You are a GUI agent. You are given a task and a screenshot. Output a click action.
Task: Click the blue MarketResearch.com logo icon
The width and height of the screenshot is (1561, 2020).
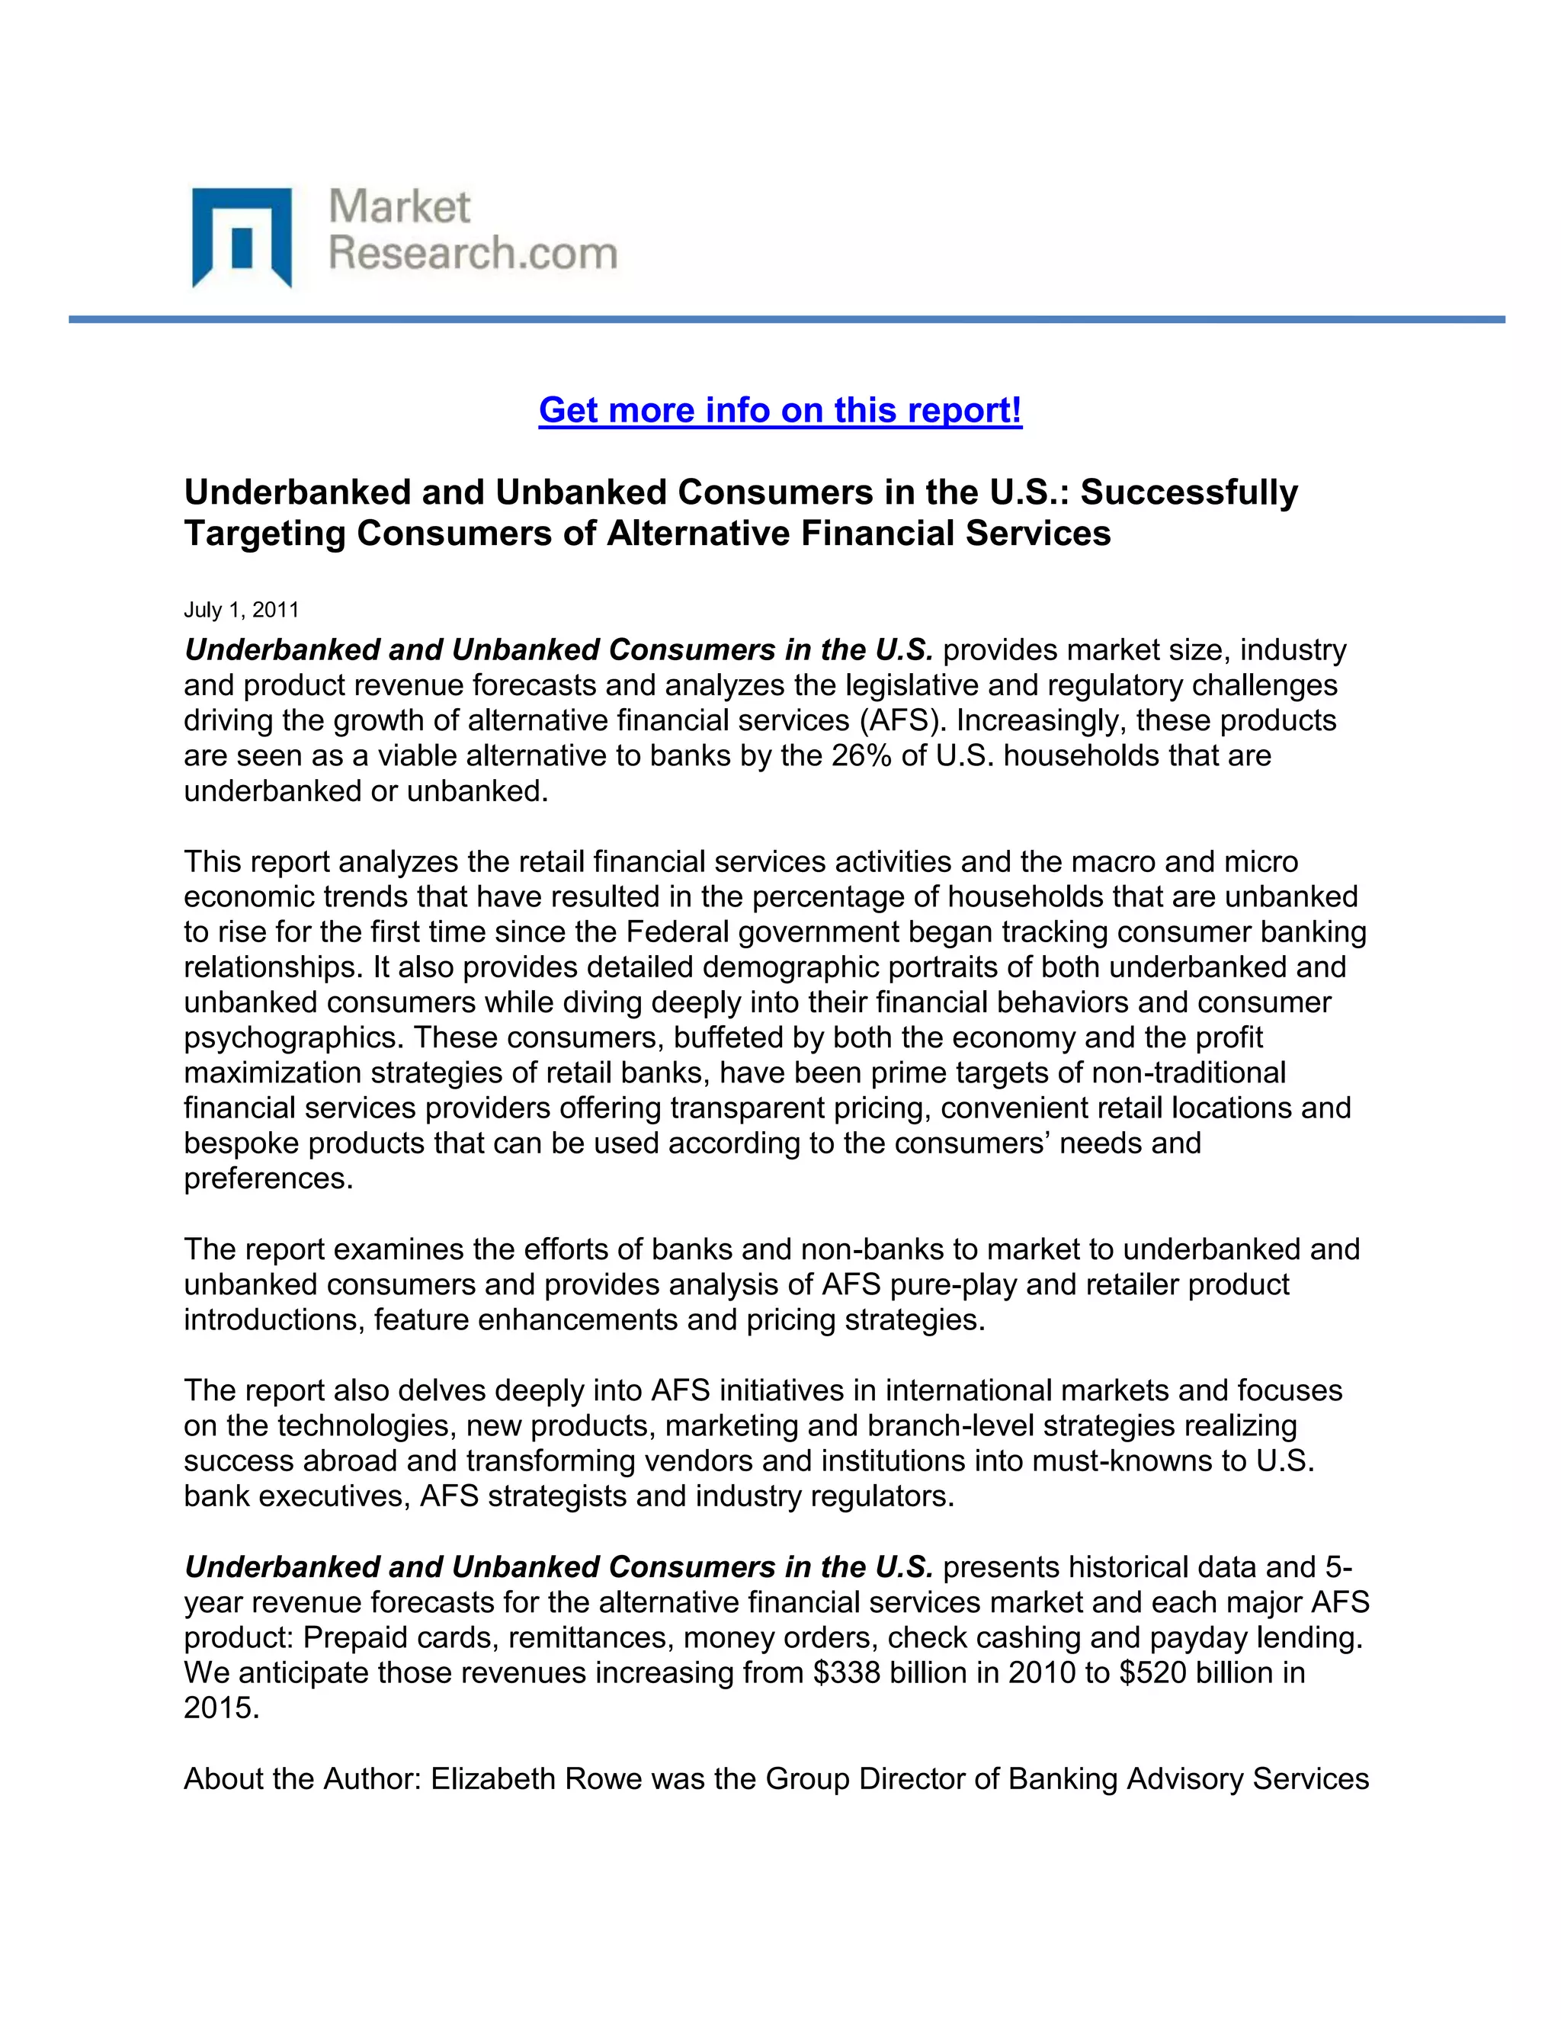[242, 237]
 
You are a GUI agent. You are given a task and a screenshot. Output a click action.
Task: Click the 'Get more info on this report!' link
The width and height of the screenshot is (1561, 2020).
[780, 410]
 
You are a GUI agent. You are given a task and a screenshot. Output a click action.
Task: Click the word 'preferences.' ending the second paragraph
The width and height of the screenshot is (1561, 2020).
[268, 1179]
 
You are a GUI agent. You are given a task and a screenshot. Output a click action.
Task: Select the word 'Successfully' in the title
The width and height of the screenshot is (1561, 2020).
[1188, 492]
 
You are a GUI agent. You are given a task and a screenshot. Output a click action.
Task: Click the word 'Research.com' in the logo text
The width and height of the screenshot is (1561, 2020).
[473, 253]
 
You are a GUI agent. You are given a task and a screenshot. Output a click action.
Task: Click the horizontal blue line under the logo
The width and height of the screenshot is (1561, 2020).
[786, 319]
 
